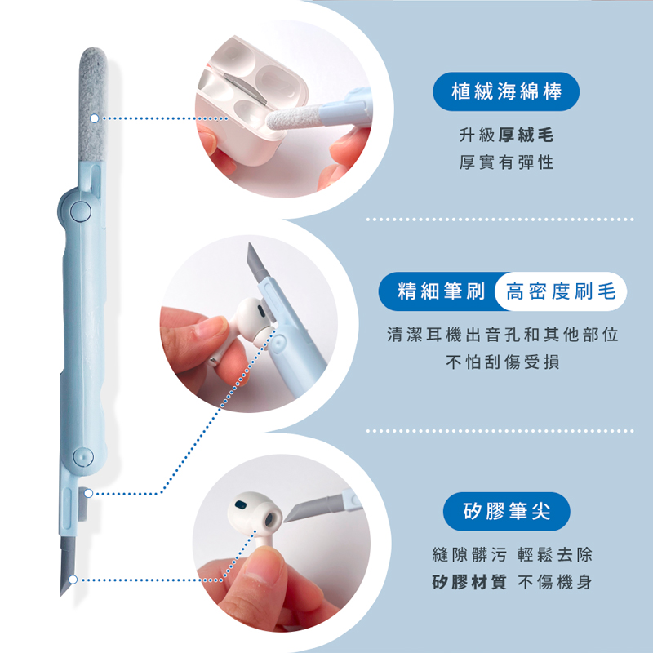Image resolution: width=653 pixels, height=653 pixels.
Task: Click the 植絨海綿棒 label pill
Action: click(x=506, y=91)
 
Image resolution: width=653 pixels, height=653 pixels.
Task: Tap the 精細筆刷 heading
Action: click(x=442, y=291)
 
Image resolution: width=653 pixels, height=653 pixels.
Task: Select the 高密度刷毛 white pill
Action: click(x=561, y=291)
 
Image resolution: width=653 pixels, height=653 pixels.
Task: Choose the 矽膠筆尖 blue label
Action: click(x=506, y=512)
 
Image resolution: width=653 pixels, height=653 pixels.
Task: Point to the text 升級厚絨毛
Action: click(x=506, y=135)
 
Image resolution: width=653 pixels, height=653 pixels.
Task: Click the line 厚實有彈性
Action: click(x=506, y=162)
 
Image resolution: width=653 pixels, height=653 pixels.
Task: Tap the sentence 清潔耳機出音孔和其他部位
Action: click(x=503, y=335)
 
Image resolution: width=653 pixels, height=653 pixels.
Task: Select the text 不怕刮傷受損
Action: click(x=503, y=362)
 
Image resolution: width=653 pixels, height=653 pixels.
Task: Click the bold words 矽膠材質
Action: click(x=469, y=582)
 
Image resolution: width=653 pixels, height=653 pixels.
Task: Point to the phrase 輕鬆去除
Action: click(x=555, y=554)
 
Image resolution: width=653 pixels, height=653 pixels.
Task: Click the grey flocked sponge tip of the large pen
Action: click(x=93, y=104)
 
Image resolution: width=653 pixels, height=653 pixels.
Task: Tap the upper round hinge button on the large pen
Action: click(x=80, y=211)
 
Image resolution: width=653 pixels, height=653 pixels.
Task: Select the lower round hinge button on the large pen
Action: click(x=83, y=456)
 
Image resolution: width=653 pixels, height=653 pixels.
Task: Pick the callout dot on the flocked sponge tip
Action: click(x=95, y=118)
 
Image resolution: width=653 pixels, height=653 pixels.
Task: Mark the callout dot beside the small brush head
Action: click(x=88, y=494)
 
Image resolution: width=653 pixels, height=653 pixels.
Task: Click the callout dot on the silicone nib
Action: click(x=73, y=580)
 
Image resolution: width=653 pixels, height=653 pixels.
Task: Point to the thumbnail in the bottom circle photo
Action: click(x=262, y=568)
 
